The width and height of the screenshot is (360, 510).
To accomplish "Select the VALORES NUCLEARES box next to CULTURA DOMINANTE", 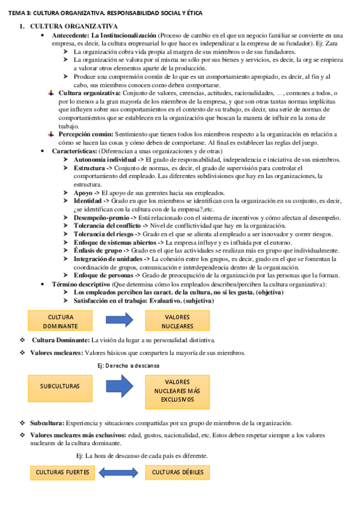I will (x=177, y=321).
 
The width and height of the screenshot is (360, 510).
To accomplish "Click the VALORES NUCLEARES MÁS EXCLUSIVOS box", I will (x=177, y=390).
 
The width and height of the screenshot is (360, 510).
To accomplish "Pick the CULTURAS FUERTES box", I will (x=63, y=472).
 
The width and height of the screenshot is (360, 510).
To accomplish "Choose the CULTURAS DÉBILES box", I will (x=177, y=472).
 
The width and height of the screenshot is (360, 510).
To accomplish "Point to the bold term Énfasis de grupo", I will (x=97, y=250).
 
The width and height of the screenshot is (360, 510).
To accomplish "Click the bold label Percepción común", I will (x=85, y=135).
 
